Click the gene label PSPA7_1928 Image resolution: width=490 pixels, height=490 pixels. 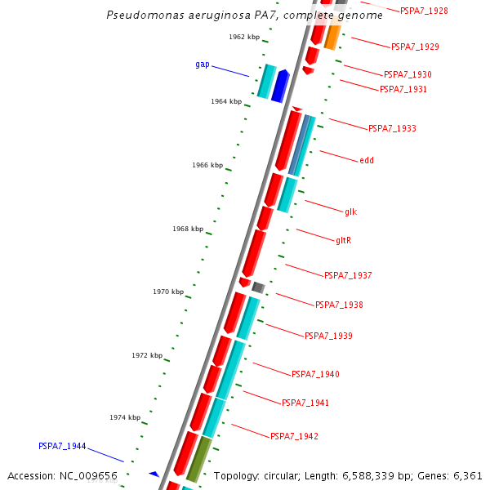point(424,11)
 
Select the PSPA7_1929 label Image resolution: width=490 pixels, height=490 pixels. point(415,47)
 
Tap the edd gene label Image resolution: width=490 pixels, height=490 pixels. point(367,160)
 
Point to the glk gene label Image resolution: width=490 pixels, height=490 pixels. point(351,212)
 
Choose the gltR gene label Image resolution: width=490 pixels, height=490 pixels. point(344,240)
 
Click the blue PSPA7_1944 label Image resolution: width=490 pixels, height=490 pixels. point(62,446)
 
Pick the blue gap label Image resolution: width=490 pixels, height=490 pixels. point(203,65)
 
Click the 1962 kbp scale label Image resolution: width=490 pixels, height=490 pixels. point(244,37)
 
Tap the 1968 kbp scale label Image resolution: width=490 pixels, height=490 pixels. point(188,229)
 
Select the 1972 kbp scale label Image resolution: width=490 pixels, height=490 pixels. point(147,355)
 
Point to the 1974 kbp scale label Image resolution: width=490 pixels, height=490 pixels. point(125,417)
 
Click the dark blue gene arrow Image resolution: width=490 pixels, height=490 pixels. point(280,87)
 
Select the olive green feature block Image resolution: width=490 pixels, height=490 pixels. point(199,459)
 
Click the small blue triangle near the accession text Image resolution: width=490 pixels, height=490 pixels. point(154,474)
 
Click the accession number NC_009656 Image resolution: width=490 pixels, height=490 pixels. point(88,476)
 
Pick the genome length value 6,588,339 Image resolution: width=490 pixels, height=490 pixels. point(367,476)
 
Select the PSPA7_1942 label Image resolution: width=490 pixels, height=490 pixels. point(294,436)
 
